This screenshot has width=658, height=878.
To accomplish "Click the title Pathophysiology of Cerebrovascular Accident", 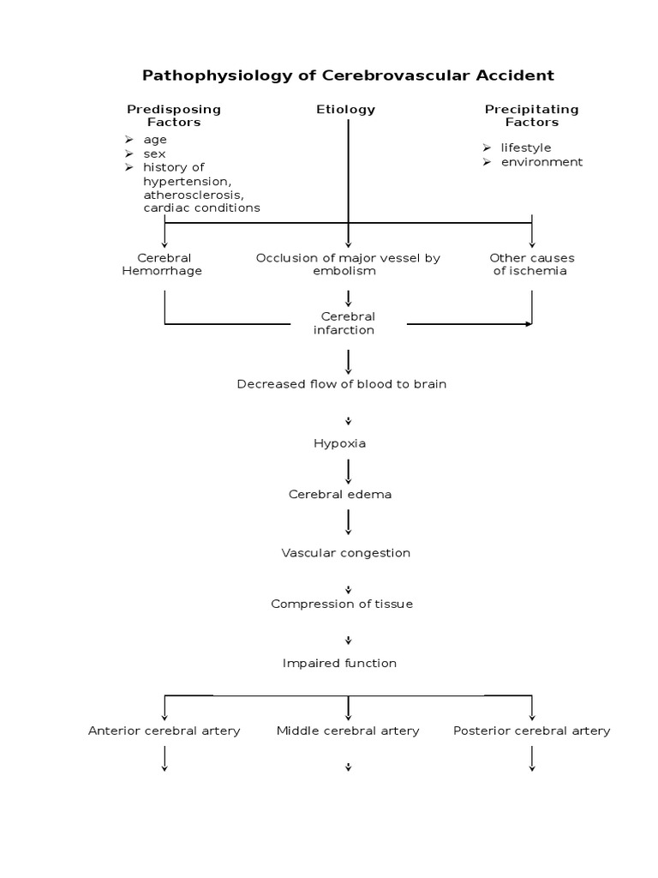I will click(348, 75).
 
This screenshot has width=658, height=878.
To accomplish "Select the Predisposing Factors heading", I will click(174, 116).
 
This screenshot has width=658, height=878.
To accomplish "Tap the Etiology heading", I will click(346, 110).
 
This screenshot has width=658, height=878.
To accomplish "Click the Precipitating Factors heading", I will click(531, 116).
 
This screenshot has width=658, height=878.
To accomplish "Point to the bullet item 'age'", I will click(155, 140).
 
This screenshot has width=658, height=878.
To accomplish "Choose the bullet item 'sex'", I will click(154, 153).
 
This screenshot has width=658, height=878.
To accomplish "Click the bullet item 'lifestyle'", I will click(526, 148).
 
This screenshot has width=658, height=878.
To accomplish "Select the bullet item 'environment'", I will click(541, 162).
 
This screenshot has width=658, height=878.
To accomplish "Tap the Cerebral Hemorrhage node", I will click(164, 264).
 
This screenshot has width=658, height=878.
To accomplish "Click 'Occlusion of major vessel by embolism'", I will click(348, 264).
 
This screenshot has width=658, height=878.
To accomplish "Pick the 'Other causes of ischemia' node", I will click(531, 264).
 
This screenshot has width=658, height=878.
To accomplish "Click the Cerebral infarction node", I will click(348, 323).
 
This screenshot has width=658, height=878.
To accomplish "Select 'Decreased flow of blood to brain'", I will click(341, 384).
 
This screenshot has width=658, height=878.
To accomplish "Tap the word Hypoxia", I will click(341, 443).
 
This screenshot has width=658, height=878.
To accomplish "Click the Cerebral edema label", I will click(341, 495).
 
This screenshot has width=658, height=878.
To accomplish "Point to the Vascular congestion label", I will click(346, 553).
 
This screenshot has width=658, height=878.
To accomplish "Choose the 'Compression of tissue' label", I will click(342, 604).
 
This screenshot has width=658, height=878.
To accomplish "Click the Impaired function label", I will click(340, 663).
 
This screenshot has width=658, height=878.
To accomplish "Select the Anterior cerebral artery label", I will click(164, 731).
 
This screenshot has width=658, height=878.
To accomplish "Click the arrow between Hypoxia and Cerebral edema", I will click(348, 470).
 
